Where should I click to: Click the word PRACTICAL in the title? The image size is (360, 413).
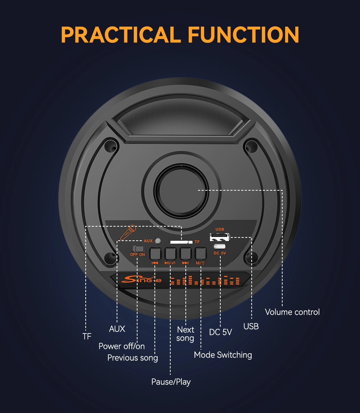pyautogui.click(x=121, y=35)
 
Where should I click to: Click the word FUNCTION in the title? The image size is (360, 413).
pyautogui.click(x=243, y=35)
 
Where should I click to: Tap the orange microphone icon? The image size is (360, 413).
pyautogui.click(x=128, y=232)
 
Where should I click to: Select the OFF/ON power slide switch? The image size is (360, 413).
pyautogui.click(x=138, y=249)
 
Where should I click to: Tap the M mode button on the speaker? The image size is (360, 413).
pyautogui.click(x=200, y=254)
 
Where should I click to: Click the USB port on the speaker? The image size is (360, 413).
pyautogui.click(x=220, y=237)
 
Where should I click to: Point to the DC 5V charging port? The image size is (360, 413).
pyautogui.click(x=220, y=247)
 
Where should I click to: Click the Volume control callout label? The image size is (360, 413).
pyautogui.click(x=292, y=312)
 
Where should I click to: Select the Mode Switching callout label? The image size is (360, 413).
pyautogui.click(x=223, y=355)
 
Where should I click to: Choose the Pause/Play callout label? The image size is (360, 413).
pyautogui.click(x=171, y=382)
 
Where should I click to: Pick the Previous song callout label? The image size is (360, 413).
pyautogui.click(x=132, y=358)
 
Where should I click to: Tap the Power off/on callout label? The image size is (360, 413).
pyautogui.click(x=122, y=346)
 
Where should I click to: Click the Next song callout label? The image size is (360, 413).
pyautogui.click(x=185, y=334)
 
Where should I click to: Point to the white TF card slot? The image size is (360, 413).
pyautogui.click(x=181, y=242)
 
